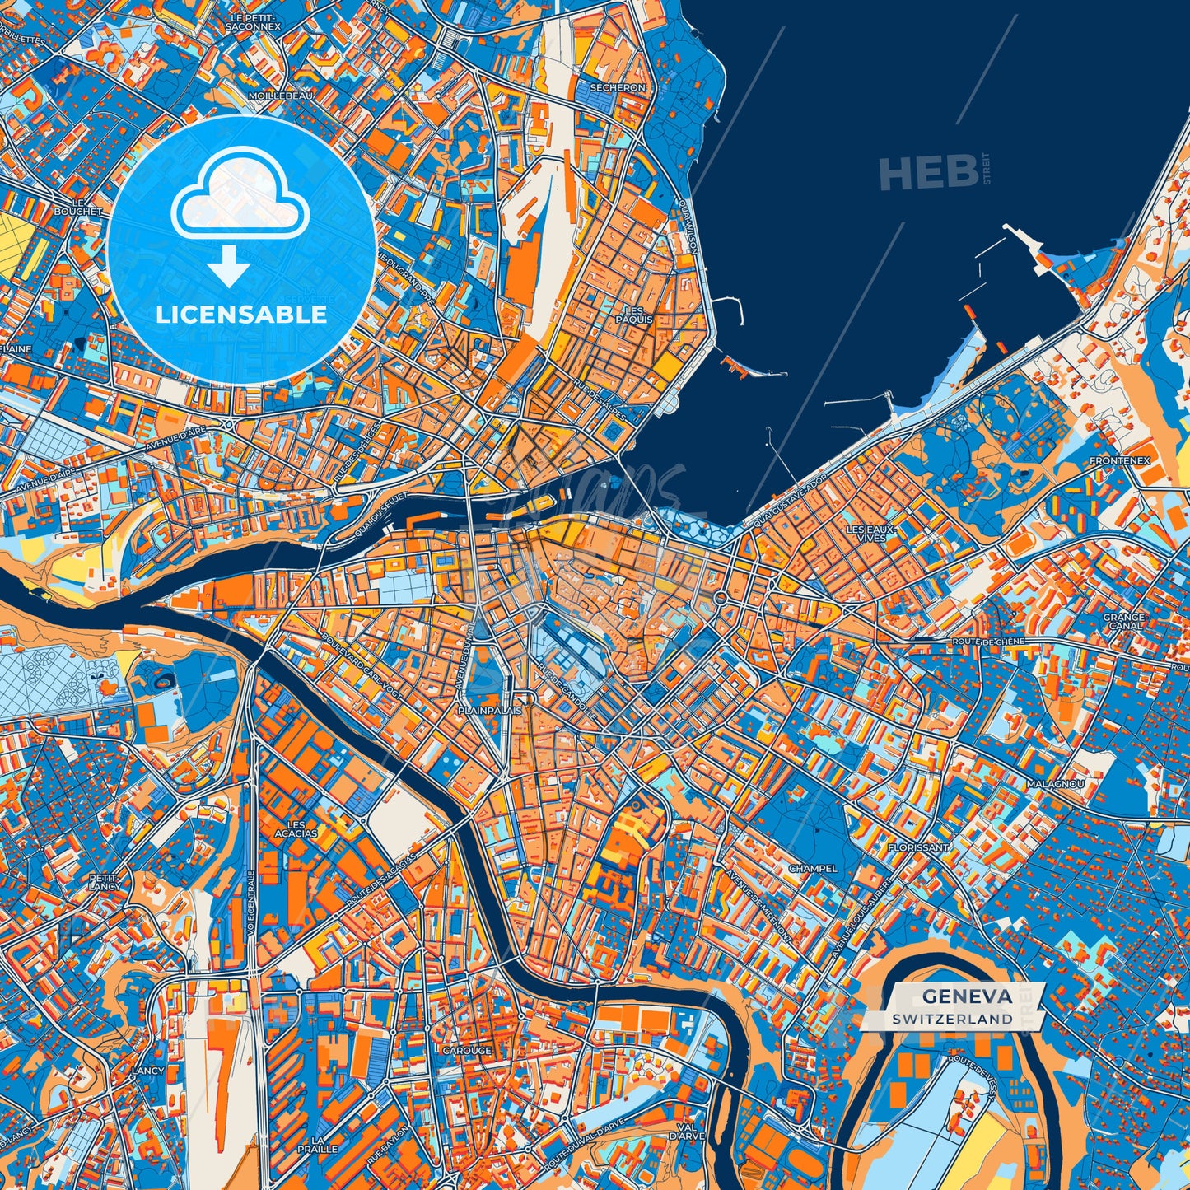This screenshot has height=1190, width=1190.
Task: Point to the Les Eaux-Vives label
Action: pyautogui.click(x=871, y=533)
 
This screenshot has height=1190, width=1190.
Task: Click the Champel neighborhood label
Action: pyautogui.click(x=813, y=868)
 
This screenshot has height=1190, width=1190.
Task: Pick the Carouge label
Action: pyautogui.click(x=467, y=1051)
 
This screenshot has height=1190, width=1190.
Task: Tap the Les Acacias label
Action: pyautogui.click(x=295, y=828)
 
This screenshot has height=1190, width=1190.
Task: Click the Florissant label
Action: pyautogui.click(x=918, y=847)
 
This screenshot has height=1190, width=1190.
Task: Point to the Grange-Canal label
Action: pyautogui.click(x=1125, y=621)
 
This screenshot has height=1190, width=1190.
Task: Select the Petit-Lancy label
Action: pyautogui.click(x=105, y=881)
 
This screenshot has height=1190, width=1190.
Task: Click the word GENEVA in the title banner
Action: pyautogui.click(x=967, y=996)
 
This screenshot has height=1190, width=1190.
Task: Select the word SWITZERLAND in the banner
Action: pyautogui.click(x=952, y=1019)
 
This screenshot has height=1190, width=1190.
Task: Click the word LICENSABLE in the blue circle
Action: pyautogui.click(x=241, y=314)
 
